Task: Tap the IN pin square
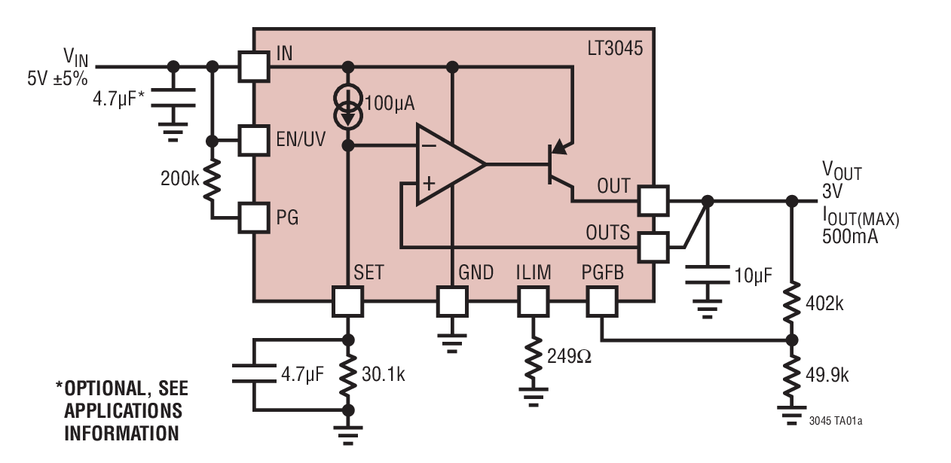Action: click(254, 66)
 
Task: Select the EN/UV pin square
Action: click(254, 140)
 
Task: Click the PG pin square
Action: click(254, 218)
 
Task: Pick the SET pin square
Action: click(347, 302)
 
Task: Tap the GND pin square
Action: click(452, 302)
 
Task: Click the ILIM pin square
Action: click(533, 302)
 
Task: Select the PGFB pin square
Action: click(601, 302)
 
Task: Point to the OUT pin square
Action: click(653, 201)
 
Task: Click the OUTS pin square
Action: click(653, 247)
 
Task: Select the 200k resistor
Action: click(213, 179)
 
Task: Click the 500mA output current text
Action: click(849, 234)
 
